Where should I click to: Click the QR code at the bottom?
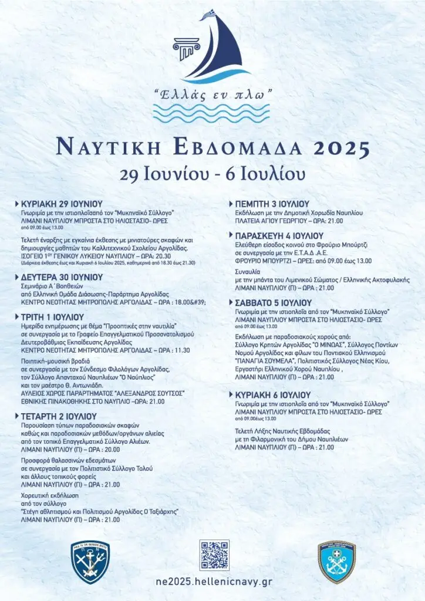pos(214,555)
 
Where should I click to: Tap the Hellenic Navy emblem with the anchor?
pos(90,562)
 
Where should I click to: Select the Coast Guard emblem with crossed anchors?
pos(337,562)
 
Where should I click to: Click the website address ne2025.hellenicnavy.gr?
pos(214,581)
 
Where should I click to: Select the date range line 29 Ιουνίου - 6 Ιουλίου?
pos(212,174)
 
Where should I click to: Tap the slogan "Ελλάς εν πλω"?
pos(212,93)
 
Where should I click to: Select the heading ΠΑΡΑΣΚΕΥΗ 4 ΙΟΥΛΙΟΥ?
pos(276,235)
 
